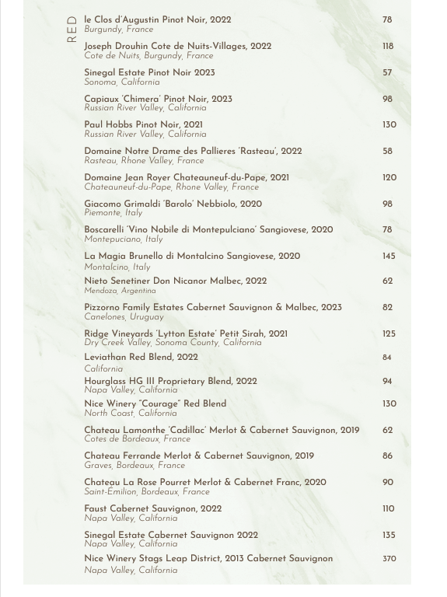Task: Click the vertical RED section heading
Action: pyautogui.click(x=72, y=30)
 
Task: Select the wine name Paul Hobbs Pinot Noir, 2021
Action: pyautogui.click(x=144, y=124)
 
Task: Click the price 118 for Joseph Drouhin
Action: pyautogui.click(x=388, y=46)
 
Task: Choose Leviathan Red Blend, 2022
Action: pyautogui.click(x=141, y=358)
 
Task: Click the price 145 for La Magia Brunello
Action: pyautogui.click(x=389, y=256)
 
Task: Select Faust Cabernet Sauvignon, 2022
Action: pyautogui.click(x=153, y=509)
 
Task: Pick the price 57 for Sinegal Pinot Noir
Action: pyautogui.click(x=387, y=72)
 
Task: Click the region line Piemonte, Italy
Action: pyautogui.click(x=113, y=213)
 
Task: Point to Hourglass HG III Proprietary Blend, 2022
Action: pyautogui.click(x=170, y=382)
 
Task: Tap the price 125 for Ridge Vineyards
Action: pyautogui.click(x=389, y=333)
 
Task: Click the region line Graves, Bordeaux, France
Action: pyautogui.click(x=134, y=466)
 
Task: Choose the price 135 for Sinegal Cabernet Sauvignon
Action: pyautogui.click(x=389, y=535)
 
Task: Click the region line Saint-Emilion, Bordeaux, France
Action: pyautogui.click(x=147, y=492)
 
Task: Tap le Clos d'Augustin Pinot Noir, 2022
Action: pyautogui.click(x=158, y=19)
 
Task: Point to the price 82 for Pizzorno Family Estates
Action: pyautogui.click(x=387, y=307)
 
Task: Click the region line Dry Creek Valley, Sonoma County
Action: pyautogui.click(x=173, y=343)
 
